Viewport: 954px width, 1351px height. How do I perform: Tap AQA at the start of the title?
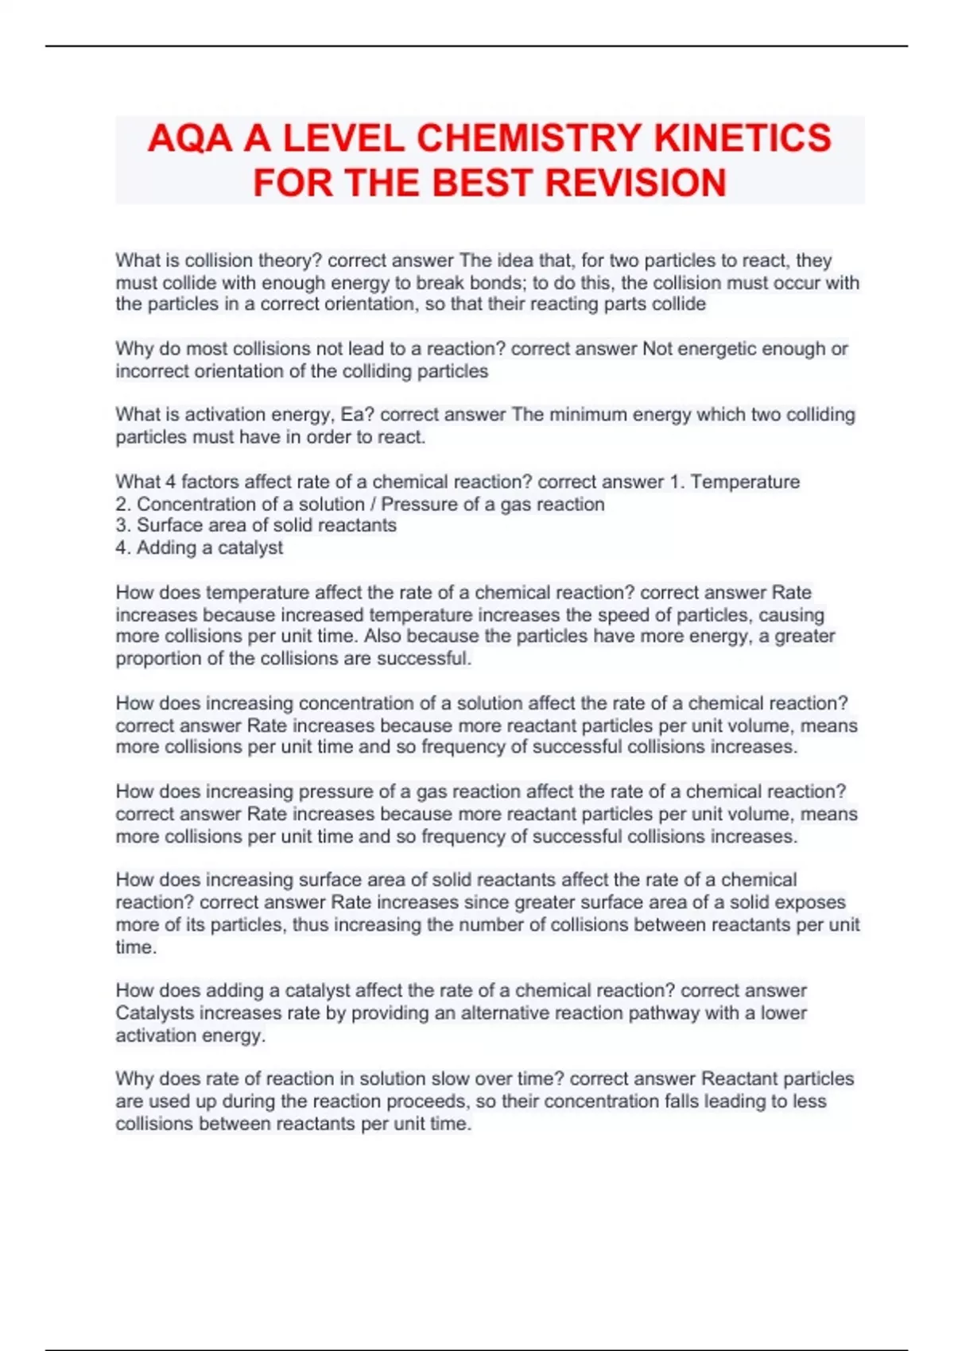(189, 138)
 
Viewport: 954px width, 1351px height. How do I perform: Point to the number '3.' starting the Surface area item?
(123, 525)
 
